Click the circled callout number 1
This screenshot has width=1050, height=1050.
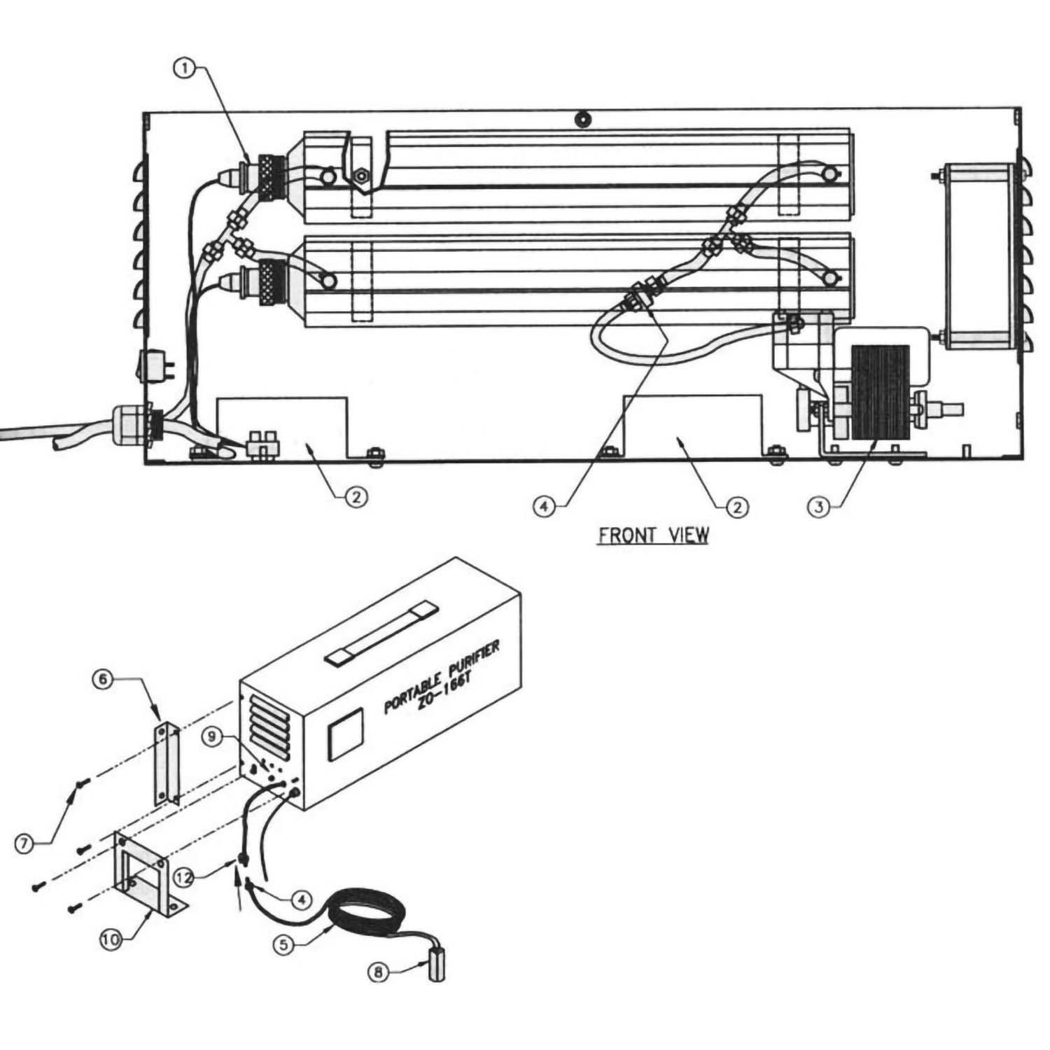(185, 68)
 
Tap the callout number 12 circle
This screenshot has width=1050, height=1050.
(185, 876)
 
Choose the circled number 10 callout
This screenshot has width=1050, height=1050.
(111, 940)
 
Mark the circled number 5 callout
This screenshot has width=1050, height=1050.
(283, 943)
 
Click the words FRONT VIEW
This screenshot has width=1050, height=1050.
(652, 536)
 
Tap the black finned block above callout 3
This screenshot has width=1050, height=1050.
(880, 392)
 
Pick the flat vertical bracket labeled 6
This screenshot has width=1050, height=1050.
(165, 763)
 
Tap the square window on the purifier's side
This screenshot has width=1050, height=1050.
(346, 734)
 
